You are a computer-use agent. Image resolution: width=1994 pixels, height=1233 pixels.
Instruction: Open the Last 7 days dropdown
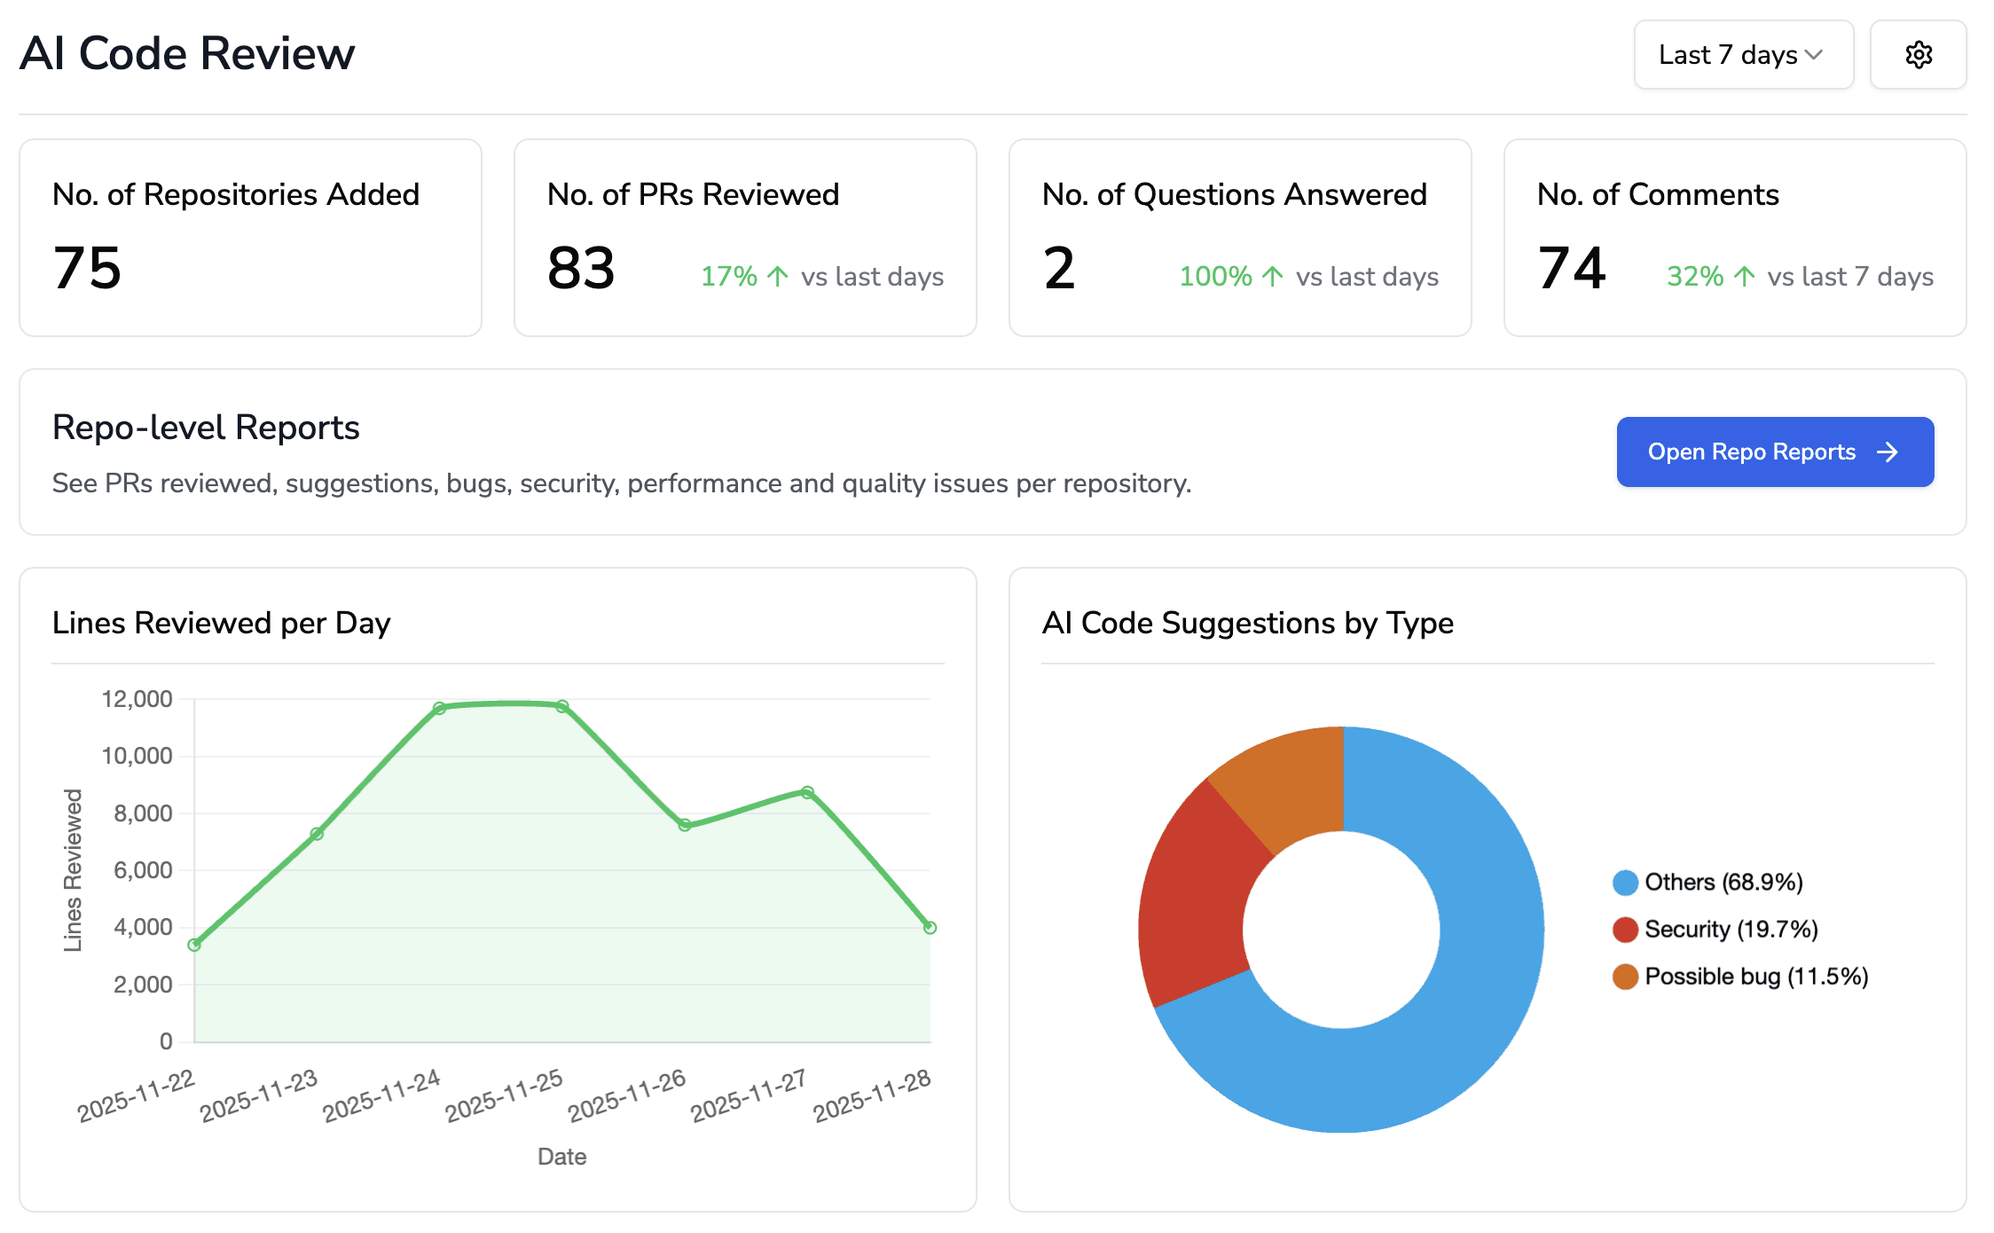point(1743,55)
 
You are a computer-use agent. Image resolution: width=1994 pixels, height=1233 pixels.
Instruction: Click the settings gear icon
point(1918,55)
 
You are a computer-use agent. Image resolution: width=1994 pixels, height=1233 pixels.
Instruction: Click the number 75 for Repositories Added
point(87,268)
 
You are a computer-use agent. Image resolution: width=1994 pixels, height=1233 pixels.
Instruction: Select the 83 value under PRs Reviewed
point(581,268)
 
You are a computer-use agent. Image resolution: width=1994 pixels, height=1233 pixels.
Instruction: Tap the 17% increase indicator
point(744,277)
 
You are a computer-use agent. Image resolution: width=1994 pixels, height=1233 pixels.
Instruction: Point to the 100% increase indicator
point(1230,277)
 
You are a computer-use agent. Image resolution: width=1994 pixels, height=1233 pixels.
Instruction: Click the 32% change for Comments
point(1710,277)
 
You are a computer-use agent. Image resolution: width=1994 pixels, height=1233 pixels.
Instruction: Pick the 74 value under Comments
point(1572,268)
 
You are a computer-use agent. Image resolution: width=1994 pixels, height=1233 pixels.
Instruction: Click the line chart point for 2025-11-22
point(194,945)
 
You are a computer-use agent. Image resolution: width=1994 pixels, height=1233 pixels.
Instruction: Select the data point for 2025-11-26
point(685,825)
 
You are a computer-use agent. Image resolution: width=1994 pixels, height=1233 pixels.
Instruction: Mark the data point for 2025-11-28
point(930,927)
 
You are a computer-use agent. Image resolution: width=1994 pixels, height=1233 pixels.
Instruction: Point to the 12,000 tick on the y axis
point(137,699)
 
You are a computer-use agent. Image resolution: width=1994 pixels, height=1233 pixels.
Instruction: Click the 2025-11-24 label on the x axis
point(381,1096)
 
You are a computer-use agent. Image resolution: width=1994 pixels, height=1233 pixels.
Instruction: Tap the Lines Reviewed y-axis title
point(73,870)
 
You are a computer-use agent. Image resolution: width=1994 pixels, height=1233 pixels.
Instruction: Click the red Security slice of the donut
point(1193,896)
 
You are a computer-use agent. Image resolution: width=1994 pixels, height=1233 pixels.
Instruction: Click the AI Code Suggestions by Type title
point(1247,623)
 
